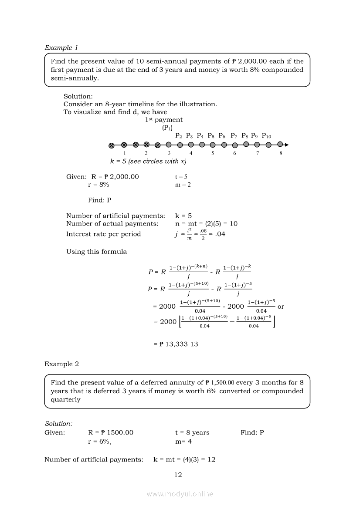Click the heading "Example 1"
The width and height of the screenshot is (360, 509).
click(x=61, y=47)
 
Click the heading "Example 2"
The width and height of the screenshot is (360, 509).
click(x=61, y=364)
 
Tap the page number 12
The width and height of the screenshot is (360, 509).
click(x=178, y=475)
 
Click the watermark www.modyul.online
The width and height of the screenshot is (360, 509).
click(x=180, y=494)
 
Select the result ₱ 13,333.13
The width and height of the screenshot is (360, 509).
click(x=176, y=344)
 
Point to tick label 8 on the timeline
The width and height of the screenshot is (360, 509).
click(x=281, y=153)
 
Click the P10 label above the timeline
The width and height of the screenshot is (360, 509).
click(x=266, y=136)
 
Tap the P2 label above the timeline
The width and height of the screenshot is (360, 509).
click(x=179, y=136)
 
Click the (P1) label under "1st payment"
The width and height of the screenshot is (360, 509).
click(x=167, y=128)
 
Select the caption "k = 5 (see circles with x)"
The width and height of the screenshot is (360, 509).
click(x=148, y=162)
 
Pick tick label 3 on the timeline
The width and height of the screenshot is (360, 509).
click(x=169, y=153)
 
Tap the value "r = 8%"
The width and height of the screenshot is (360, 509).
click(x=98, y=185)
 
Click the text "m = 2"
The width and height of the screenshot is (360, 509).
click(x=183, y=185)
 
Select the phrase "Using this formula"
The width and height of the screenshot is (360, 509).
click(x=96, y=252)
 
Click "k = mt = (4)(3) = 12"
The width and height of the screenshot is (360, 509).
click(x=184, y=459)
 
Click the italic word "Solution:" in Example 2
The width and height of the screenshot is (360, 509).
click(x=58, y=424)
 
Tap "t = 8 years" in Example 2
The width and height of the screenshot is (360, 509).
click(x=192, y=432)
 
